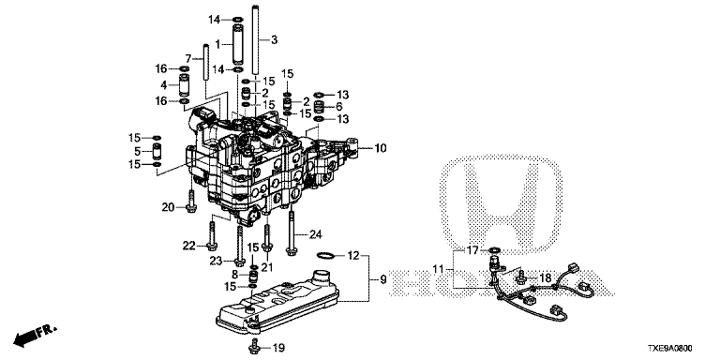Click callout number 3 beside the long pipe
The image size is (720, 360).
(274, 40)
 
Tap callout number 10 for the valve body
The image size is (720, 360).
(381, 148)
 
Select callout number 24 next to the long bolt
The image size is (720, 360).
(315, 235)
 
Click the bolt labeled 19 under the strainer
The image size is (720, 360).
(253, 346)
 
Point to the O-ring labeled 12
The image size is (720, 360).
(326, 254)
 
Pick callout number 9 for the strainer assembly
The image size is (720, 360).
(383, 278)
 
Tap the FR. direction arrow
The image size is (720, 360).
(35, 336)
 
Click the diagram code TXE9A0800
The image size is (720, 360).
(670, 350)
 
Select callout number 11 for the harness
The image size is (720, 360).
(439, 268)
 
